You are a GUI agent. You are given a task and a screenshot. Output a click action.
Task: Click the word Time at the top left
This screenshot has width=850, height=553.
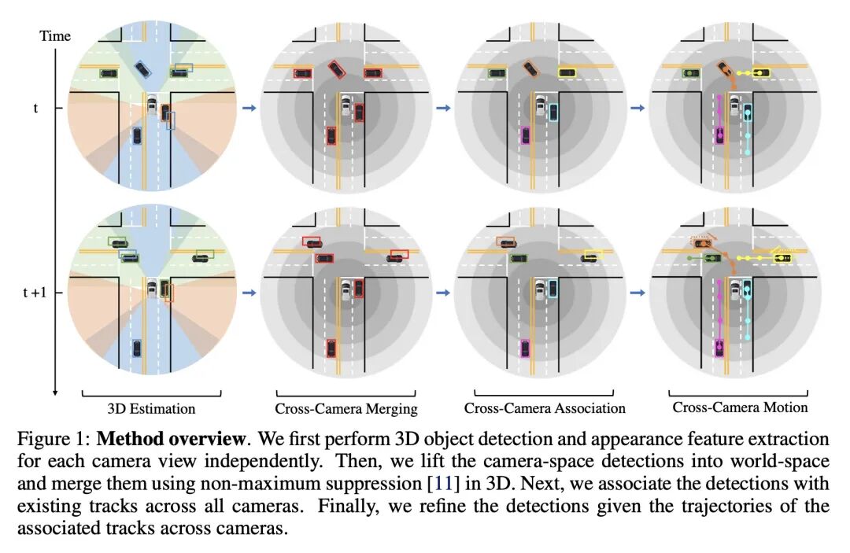coord(54,36)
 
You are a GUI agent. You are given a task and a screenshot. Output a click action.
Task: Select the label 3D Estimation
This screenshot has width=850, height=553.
coord(151,408)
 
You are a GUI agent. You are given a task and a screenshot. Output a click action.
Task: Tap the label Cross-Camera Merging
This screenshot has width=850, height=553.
coord(346,408)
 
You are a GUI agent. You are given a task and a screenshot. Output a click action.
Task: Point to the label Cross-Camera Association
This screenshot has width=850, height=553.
coord(545,408)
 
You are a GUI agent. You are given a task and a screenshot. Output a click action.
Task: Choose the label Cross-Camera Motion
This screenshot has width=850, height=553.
coord(740,407)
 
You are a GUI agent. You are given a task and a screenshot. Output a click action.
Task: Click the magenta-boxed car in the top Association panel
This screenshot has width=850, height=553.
coord(525,135)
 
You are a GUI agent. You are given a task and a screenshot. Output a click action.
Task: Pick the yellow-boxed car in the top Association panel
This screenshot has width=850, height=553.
coord(567,72)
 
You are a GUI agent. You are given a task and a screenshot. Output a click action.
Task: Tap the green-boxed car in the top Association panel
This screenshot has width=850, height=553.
coord(496,73)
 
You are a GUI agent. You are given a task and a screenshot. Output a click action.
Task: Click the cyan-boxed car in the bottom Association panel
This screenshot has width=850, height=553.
coord(552,289)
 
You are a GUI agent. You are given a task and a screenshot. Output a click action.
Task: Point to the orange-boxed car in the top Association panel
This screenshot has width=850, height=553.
coord(530,68)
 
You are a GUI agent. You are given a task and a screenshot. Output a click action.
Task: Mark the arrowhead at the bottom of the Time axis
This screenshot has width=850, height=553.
coord(56,391)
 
